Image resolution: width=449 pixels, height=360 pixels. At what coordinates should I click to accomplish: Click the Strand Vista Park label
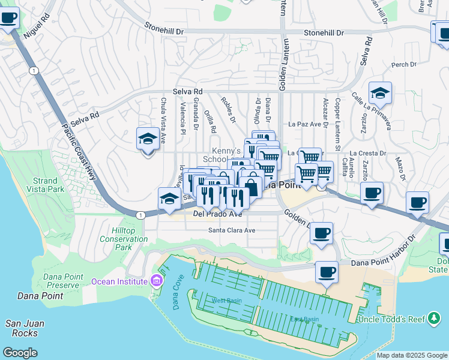(44, 185)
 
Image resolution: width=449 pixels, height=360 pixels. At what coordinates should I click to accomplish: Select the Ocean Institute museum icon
(157, 281)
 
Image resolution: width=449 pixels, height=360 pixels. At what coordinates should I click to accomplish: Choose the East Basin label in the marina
(304, 319)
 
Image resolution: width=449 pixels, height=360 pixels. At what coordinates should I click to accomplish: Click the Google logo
(20, 352)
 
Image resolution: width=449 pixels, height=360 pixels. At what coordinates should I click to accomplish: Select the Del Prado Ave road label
(217, 214)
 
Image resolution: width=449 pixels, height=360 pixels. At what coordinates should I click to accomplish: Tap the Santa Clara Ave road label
(232, 230)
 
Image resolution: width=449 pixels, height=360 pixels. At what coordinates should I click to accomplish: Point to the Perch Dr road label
(403, 65)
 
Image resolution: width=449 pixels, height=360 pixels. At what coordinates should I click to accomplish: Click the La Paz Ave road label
(304, 124)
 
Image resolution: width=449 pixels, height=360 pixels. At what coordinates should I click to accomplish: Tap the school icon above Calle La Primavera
(380, 93)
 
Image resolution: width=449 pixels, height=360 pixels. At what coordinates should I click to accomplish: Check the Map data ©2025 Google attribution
(412, 355)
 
